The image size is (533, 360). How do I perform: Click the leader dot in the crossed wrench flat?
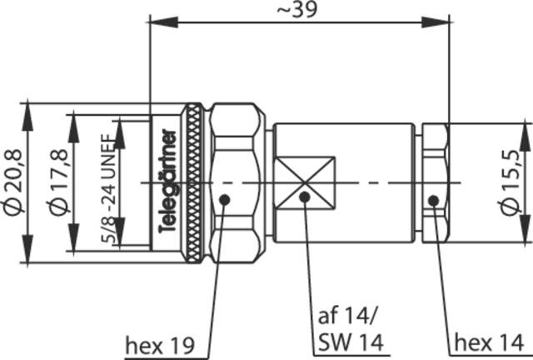point(305,197)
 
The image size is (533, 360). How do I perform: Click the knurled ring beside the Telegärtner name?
point(192,182)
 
